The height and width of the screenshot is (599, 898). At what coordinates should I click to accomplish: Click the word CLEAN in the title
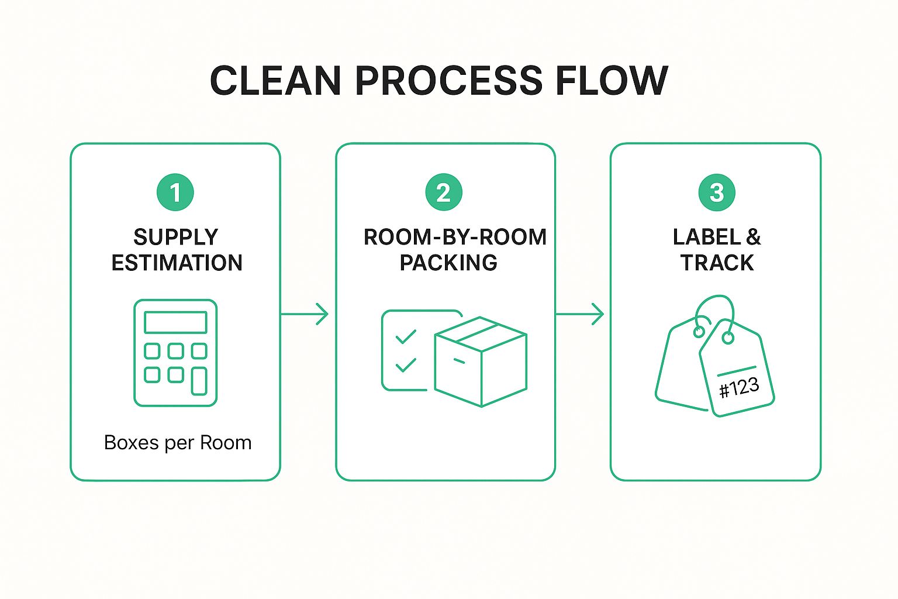tap(275, 80)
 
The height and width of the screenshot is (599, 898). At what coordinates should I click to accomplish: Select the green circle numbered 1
tap(175, 192)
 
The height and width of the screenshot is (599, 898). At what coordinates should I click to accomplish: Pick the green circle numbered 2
tap(444, 192)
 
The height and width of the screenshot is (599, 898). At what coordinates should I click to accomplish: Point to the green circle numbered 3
tap(717, 192)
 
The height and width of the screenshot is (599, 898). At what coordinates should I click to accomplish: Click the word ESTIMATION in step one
tap(177, 263)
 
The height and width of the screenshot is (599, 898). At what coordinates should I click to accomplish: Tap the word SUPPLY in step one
tap(175, 237)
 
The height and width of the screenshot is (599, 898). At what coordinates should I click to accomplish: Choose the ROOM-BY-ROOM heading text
tap(455, 237)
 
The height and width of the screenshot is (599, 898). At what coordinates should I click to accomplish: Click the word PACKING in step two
tap(448, 263)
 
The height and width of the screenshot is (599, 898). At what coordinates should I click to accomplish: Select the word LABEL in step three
tap(707, 237)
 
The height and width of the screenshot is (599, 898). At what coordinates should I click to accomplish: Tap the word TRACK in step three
tap(717, 263)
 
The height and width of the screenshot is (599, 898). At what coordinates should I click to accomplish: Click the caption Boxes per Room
tap(178, 443)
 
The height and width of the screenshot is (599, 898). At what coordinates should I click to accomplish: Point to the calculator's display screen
tap(175, 322)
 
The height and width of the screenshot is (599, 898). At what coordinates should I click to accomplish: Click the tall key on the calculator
tap(199, 381)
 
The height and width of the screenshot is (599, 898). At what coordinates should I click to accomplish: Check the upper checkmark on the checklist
tap(406, 336)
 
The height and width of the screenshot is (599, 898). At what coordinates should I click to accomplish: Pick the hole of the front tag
tap(728, 338)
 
